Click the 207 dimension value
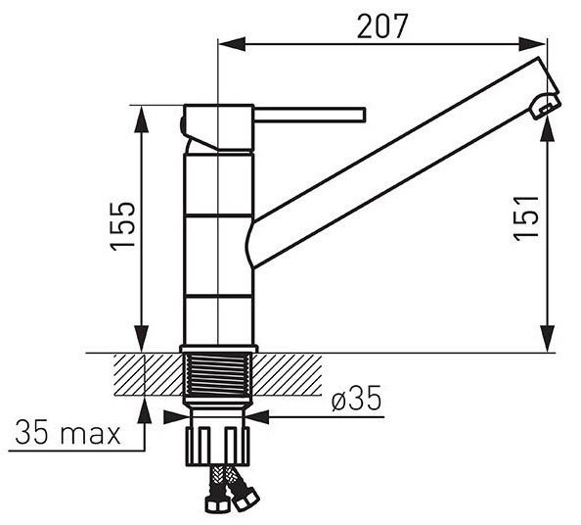382,26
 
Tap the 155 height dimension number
123,226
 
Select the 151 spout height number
526,217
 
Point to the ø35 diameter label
356,398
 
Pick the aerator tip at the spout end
545,106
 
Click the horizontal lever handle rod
309,115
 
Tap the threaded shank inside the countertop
218,374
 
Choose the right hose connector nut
246,501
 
